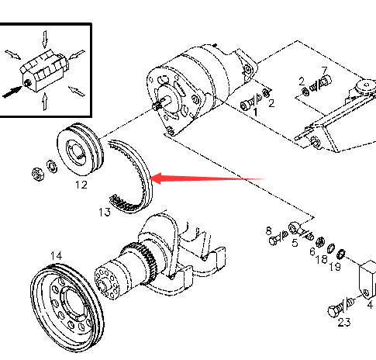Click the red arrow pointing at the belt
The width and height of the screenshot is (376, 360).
pyautogui.click(x=207, y=178)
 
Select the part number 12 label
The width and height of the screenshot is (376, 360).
pyautogui.click(x=81, y=185)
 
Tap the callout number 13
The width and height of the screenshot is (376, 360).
pyautogui.click(x=105, y=212)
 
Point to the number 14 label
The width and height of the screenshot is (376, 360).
pyautogui.click(x=57, y=256)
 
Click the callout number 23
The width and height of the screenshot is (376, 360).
pyautogui.click(x=344, y=322)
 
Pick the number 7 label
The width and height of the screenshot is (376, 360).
pyautogui.click(x=324, y=70)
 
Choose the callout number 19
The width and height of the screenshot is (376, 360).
pyautogui.click(x=335, y=267)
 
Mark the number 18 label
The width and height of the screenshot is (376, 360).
pyautogui.click(x=322, y=259)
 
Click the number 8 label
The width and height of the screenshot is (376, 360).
pyautogui.click(x=269, y=230)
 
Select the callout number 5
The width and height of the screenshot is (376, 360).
pyautogui.click(x=295, y=243)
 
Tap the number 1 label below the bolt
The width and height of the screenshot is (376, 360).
pyautogui.click(x=255, y=112)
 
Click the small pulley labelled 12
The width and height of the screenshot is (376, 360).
pyautogui.click(x=80, y=151)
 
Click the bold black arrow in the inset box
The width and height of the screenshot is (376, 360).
pyautogui.click(x=12, y=92)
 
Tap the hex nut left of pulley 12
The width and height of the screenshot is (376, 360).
pyautogui.click(x=37, y=174)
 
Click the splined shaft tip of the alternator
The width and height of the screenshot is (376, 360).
pyautogui.click(x=156, y=106)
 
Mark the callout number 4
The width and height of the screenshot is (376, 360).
pyautogui.click(x=370, y=305)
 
